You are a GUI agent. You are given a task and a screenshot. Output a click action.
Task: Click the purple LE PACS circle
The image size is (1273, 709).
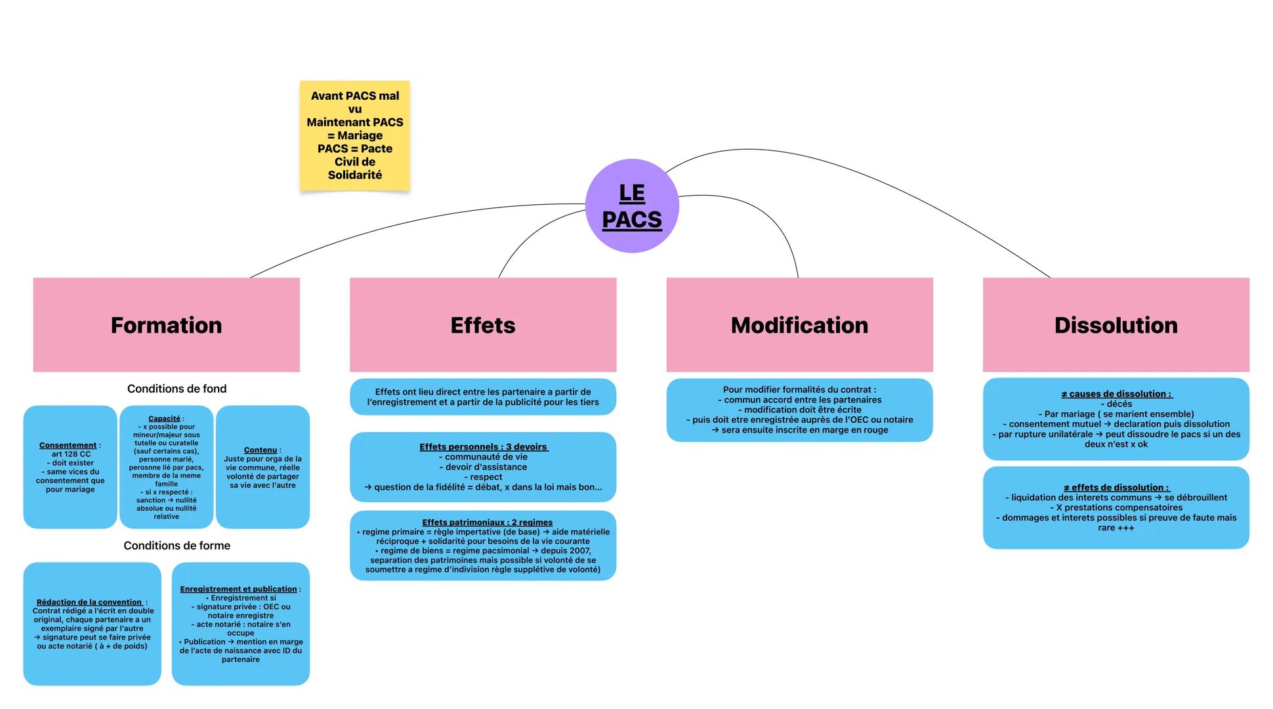(631, 206)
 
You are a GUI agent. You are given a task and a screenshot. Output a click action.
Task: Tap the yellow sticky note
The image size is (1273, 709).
(354, 136)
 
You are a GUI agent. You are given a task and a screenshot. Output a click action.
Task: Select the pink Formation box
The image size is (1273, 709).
(166, 325)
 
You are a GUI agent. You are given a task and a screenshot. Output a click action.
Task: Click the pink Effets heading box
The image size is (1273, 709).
(483, 325)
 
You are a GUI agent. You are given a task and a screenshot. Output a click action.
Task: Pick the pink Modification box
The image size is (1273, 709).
(799, 325)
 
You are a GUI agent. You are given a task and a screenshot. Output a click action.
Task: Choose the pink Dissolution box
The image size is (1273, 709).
(1116, 325)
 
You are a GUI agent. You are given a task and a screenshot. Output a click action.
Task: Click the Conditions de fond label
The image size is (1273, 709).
(177, 389)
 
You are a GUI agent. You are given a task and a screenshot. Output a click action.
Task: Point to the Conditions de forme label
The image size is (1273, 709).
(177, 546)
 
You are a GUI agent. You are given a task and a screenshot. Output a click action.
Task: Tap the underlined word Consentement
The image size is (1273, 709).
(68, 445)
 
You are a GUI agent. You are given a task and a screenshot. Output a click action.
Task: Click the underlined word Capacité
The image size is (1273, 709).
(164, 418)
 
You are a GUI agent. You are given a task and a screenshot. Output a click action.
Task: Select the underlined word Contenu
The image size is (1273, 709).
(261, 450)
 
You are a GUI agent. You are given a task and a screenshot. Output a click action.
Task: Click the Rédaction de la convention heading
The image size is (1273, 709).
(89, 602)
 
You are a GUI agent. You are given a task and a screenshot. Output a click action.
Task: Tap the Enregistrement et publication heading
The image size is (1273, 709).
(238, 589)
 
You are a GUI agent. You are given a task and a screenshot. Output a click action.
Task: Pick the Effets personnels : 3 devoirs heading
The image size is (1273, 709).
(483, 446)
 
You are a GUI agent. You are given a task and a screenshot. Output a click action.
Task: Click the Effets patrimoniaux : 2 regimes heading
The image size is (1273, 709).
(487, 522)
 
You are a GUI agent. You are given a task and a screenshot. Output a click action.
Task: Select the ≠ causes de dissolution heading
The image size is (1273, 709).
(1116, 394)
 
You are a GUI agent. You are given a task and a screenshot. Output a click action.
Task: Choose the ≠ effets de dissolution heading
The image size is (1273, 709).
(1116, 487)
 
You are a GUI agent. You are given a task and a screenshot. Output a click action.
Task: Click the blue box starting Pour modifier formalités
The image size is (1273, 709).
(799, 410)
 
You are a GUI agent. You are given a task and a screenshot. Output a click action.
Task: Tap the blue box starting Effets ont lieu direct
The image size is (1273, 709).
(483, 397)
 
